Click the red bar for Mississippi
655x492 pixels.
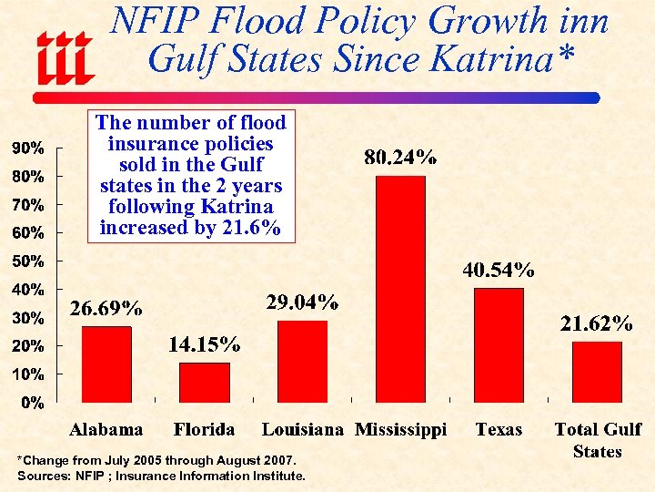click(x=400, y=288)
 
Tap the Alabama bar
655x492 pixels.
click(x=106, y=364)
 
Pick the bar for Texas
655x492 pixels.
click(x=499, y=344)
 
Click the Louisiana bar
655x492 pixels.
click(x=302, y=361)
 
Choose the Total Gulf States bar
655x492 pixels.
click(x=597, y=371)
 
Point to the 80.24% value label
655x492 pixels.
click(x=400, y=158)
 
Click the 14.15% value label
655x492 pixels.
click(x=205, y=344)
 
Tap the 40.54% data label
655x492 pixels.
click(x=499, y=270)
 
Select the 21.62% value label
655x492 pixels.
click(x=597, y=323)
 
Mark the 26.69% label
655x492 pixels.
click(x=106, y=309)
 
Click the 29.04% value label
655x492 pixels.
click(x=303, y=302)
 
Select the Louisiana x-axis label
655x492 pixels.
click(x=303, y=430)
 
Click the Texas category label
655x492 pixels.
click(x=499, y=430)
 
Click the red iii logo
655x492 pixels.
click(x=65, y=56)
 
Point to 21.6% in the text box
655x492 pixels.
click(x=251, y=228)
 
